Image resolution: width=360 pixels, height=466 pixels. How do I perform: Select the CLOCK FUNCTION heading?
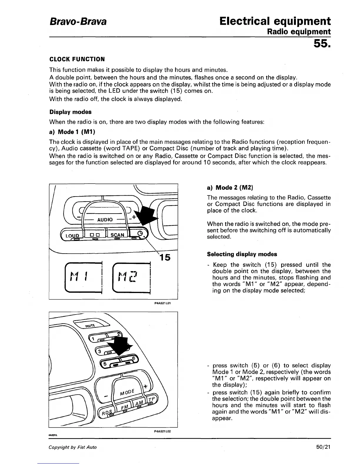[77, 59]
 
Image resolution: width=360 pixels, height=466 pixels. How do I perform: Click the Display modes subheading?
[70, 112]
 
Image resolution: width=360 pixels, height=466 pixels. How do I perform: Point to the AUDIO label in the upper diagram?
[105, 219]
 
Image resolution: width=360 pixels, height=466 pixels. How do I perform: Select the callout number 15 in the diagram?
[164, 257]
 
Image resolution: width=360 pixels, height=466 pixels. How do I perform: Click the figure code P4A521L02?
[162, 431]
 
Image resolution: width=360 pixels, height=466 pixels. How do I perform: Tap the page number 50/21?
[324, 447]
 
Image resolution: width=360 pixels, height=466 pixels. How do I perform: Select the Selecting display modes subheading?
[242, 254]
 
